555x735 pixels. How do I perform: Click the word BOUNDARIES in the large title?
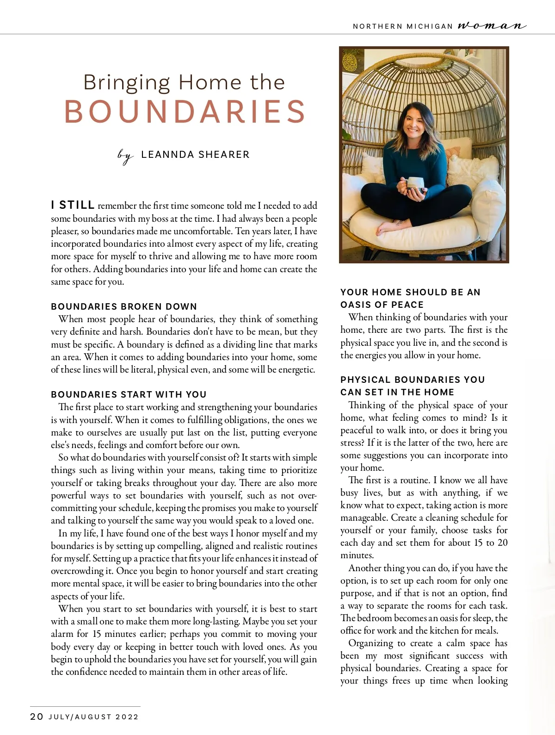click(x=185, y=112)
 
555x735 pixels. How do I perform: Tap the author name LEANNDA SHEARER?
click(x=195, y=155)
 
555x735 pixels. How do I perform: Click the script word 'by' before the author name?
click(x=125, y=156)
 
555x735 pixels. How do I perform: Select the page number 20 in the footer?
click(x=37, y=717)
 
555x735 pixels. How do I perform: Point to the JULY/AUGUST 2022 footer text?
click(x=93, y=717)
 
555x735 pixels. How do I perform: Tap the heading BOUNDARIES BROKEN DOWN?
click(x=124, y=306)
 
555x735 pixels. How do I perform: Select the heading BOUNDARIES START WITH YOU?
click(x=129, y=394)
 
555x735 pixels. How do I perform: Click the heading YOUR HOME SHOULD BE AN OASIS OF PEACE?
click(x=410, y=299)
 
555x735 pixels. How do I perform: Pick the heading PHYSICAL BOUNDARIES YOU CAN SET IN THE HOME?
click(x=413, y=386)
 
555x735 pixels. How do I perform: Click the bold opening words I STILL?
click(x=73, y=205)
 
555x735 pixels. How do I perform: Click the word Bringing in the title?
click(x=126, y=82)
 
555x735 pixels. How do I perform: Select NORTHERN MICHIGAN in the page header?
click(x=402, y=26)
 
